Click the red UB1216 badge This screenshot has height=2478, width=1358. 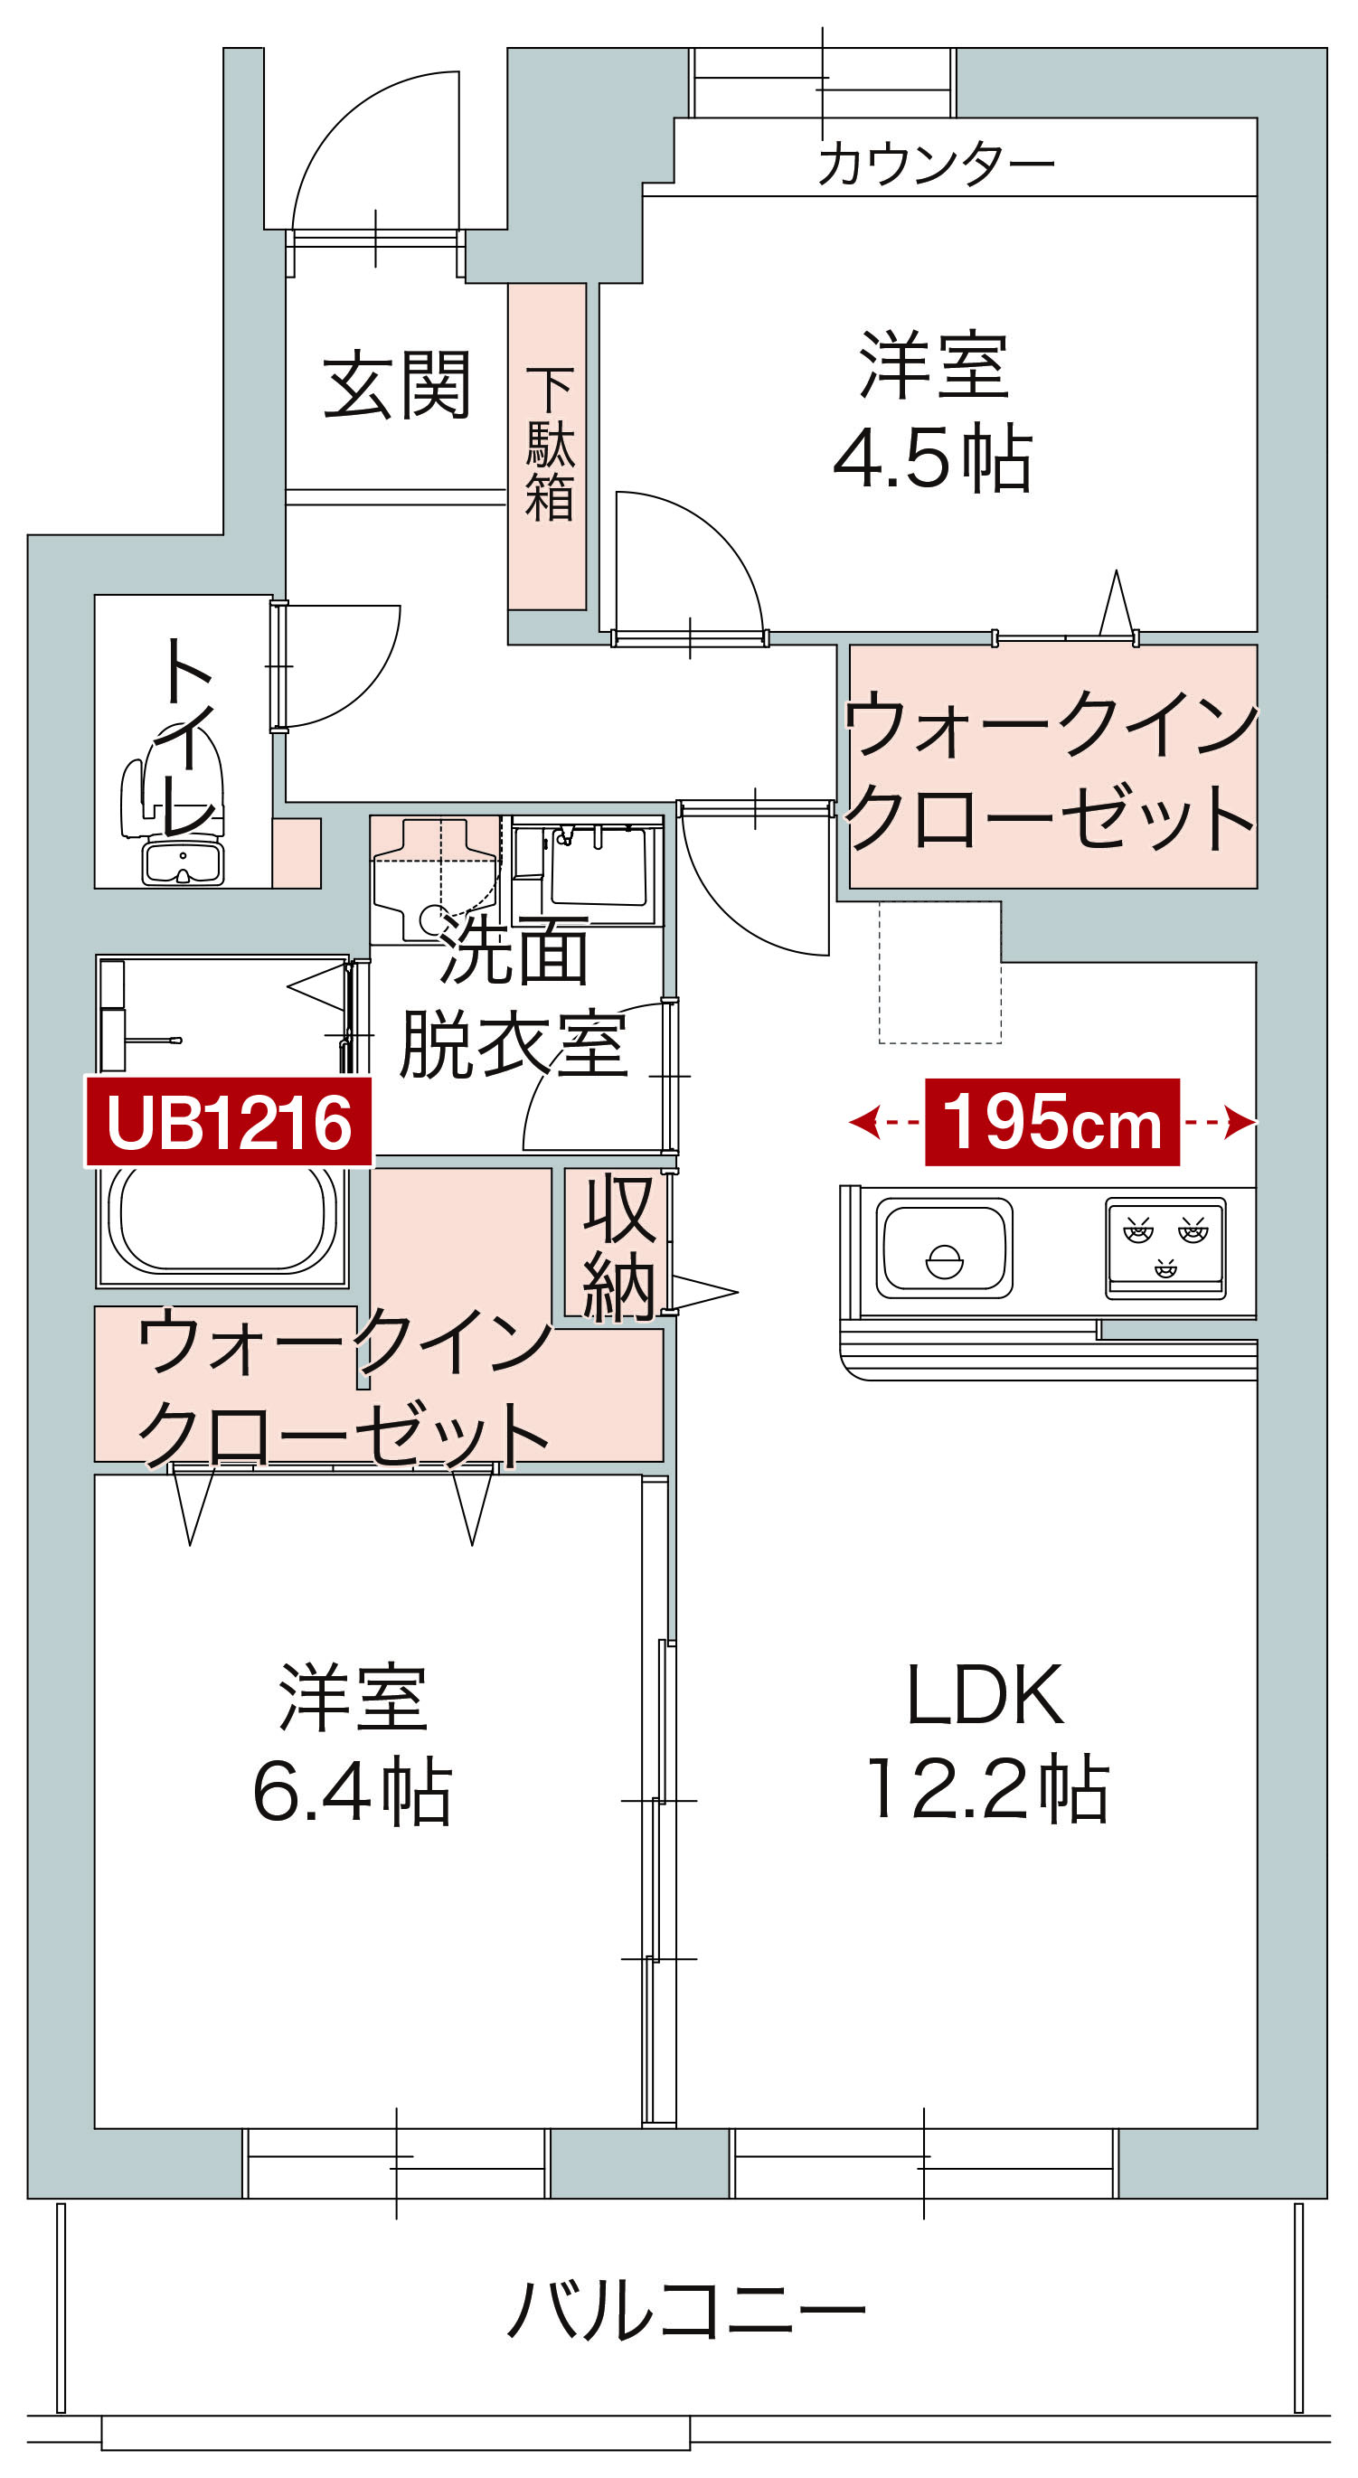[x=229, y=1122]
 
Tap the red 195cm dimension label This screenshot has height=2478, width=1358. [x=1052, y=1122]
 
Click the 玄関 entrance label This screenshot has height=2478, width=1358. [x=396, y=385]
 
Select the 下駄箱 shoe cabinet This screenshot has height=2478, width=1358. [x=547, y=446]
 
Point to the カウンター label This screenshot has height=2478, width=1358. [x=936, y=163]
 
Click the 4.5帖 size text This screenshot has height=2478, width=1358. [x=932, y=457]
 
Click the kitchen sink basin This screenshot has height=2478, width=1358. [x=945, y=1248]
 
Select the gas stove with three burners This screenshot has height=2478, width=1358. [x=1165, y=1248]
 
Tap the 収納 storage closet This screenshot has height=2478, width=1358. [x=616, y=1246]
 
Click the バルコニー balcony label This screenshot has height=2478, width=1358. [x=685, y=2309]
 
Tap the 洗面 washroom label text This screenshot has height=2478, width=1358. [x=514, y=950]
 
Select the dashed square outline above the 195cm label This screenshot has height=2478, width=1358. [x=939, y=972]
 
